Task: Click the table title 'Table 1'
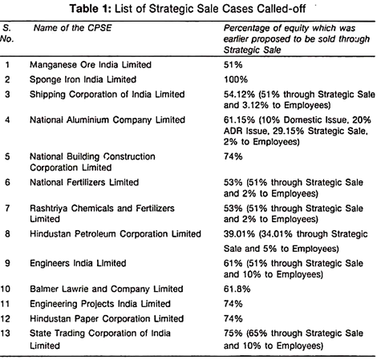(90, 9)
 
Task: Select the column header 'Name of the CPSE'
(72, 28)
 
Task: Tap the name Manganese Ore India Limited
(91, 65)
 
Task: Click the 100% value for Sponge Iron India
(236, 79)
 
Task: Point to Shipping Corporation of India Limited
(107, 95)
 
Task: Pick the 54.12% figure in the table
(239, 95)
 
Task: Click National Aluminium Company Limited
(107, 119)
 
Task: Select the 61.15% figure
(239, 119)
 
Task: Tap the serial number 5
(7, 156)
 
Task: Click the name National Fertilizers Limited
(84, 182)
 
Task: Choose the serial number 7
(7, 208)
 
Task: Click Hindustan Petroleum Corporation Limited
(115, 234)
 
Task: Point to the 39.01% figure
(239, 234)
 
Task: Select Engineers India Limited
(78, 263)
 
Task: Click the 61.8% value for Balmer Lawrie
(237, 289)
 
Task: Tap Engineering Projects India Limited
(100, 304)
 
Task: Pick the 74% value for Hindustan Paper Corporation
(233, 318)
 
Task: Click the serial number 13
(6, 334)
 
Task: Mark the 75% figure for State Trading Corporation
(233, 334)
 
